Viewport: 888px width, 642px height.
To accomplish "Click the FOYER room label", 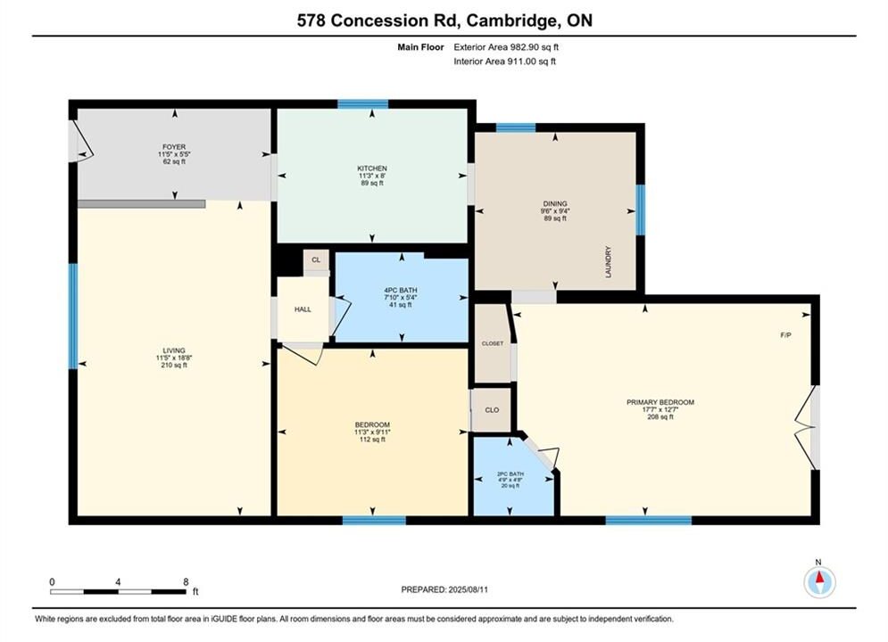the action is [174, 147].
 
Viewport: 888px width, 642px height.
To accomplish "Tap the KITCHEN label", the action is [372, 169].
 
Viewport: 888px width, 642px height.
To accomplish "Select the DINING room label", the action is [555, 203].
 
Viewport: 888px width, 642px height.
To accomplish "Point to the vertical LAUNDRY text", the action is [609, 262].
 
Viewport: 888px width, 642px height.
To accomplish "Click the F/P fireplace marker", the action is [786, 335].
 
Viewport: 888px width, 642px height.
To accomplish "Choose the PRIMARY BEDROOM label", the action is [660, 402].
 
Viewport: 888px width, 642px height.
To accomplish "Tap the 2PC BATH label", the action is [510, 474].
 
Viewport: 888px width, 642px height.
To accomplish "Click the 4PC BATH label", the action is [401, 290].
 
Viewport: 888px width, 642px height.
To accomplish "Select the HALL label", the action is [303, 309].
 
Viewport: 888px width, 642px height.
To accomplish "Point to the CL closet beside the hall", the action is [316, 260].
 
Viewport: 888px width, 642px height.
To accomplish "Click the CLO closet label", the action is [492, 410].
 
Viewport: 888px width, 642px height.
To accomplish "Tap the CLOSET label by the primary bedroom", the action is [493, 343].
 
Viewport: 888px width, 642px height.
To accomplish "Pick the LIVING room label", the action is [174, 350].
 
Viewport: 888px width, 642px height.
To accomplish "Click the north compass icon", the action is [819, 581].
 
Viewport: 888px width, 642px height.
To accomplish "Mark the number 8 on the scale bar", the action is [186, 581].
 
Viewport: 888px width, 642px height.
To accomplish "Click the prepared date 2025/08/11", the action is [468, 589].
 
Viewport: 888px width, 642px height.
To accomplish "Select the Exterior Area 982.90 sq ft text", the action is [506, 47].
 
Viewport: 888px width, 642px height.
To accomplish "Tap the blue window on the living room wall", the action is [73, 317].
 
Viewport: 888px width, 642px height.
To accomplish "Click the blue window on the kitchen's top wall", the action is [363, 104].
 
